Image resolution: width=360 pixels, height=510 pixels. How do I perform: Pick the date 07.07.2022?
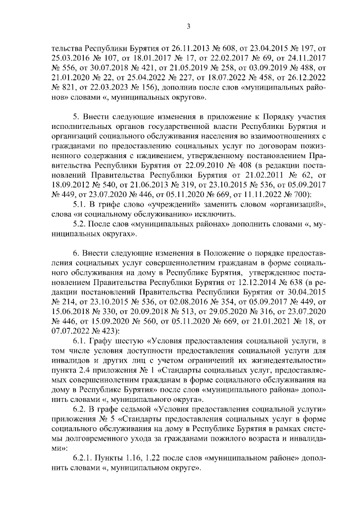point(70,330)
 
